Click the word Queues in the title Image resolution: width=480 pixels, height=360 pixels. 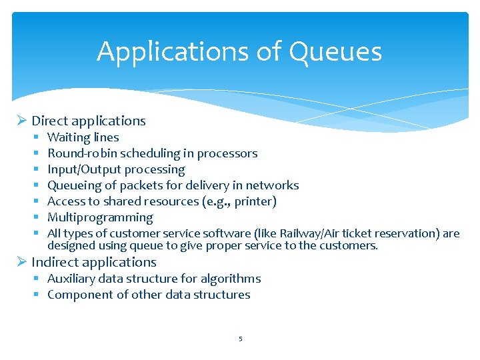click(x=345, y=52)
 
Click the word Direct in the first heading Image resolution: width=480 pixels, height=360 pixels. click(x=49, y=121)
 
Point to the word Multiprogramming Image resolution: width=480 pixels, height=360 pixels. click(x=100, y=217)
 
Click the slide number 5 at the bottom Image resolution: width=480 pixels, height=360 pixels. click(x=240, y=339)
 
